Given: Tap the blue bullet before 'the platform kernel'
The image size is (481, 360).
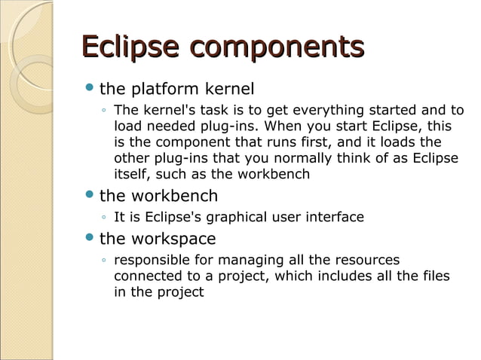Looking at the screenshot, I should tap(89, 89).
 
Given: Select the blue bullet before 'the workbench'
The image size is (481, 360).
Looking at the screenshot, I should tap(89, 196).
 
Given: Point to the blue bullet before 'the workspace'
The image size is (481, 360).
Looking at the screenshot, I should tap(89, 239).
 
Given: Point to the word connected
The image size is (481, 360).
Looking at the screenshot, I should tap(147, 276).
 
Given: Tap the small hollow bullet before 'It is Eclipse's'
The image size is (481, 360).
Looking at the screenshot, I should tap(103, 218).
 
